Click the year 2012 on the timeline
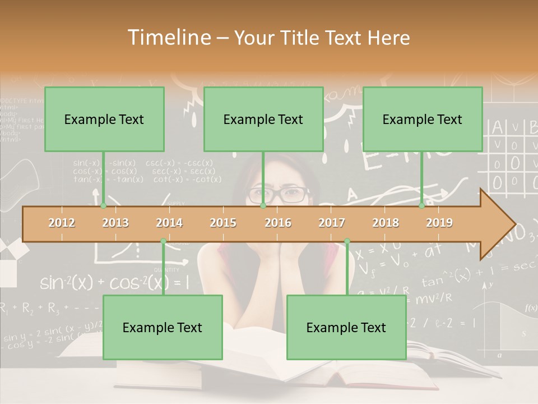click(x=62, y=223)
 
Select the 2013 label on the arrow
click(x=115, y=223)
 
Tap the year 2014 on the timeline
click(x=169, y=223)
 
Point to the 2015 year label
click(x=223, y=223)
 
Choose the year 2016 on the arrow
click(x=278, y=223)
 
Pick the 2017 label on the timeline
click(x=332, y=223)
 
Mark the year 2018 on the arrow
click(x=386, y=223)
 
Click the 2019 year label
click(x=439, y=223)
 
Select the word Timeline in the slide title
click(x=168, y=38)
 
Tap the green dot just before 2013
click(x=103, y=206)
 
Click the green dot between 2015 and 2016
click(x=263, y=206)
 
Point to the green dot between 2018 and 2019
click(x=422, y=206)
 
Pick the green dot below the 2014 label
click(x=163, y=241)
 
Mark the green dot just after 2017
click(x=347, y=241)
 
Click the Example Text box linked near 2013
click(x=104, y=119)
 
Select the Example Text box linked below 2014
click(x=163, y=327)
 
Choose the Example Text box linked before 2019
click(x=423, y=119)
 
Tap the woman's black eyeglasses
click(x=279, y=195)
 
